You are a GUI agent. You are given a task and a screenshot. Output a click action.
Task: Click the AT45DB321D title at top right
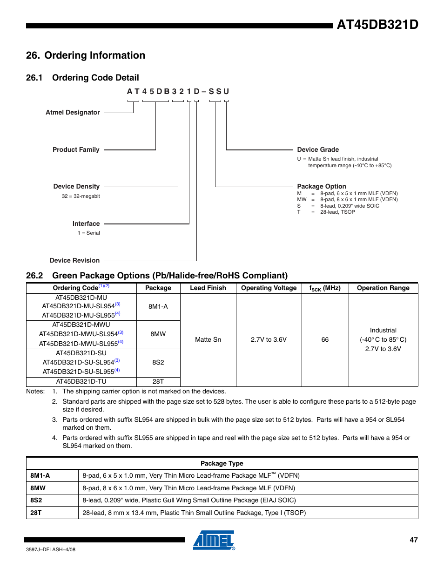(377, 25)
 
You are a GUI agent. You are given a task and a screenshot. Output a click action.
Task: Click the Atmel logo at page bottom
(214, 540)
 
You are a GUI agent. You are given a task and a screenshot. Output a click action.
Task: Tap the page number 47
(413, 540)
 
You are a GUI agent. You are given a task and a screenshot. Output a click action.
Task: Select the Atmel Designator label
(73, 112)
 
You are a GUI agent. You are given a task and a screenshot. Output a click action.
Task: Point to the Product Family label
(76, 149)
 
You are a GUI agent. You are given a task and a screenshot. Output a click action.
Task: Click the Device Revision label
(74, 260)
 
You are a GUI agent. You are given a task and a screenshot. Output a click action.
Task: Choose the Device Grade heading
(318, 149)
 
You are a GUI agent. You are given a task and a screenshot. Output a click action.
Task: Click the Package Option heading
(321, 186)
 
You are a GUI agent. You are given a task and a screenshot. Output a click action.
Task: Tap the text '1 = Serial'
(88, 233)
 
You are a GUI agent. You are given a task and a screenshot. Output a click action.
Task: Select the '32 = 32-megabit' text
(81, 196)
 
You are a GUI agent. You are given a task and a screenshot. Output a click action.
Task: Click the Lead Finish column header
(208, 288)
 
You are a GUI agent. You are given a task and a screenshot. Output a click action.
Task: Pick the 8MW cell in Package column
(158, 334)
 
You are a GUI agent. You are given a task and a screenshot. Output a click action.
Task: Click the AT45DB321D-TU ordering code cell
(81, 381)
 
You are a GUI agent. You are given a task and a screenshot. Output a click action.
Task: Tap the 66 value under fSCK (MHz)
(325, 339)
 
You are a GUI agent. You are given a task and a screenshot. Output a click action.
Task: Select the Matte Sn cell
(208, 339)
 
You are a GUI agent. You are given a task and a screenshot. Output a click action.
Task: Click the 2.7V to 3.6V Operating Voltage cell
(269, 339)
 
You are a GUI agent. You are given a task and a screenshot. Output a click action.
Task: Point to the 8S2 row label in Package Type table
(36, 500)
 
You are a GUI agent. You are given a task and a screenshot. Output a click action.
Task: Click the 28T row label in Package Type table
(36, 513)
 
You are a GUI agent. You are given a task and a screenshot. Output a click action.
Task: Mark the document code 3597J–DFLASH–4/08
(50, 549)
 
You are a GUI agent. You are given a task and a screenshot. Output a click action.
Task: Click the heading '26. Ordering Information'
(86, 55)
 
